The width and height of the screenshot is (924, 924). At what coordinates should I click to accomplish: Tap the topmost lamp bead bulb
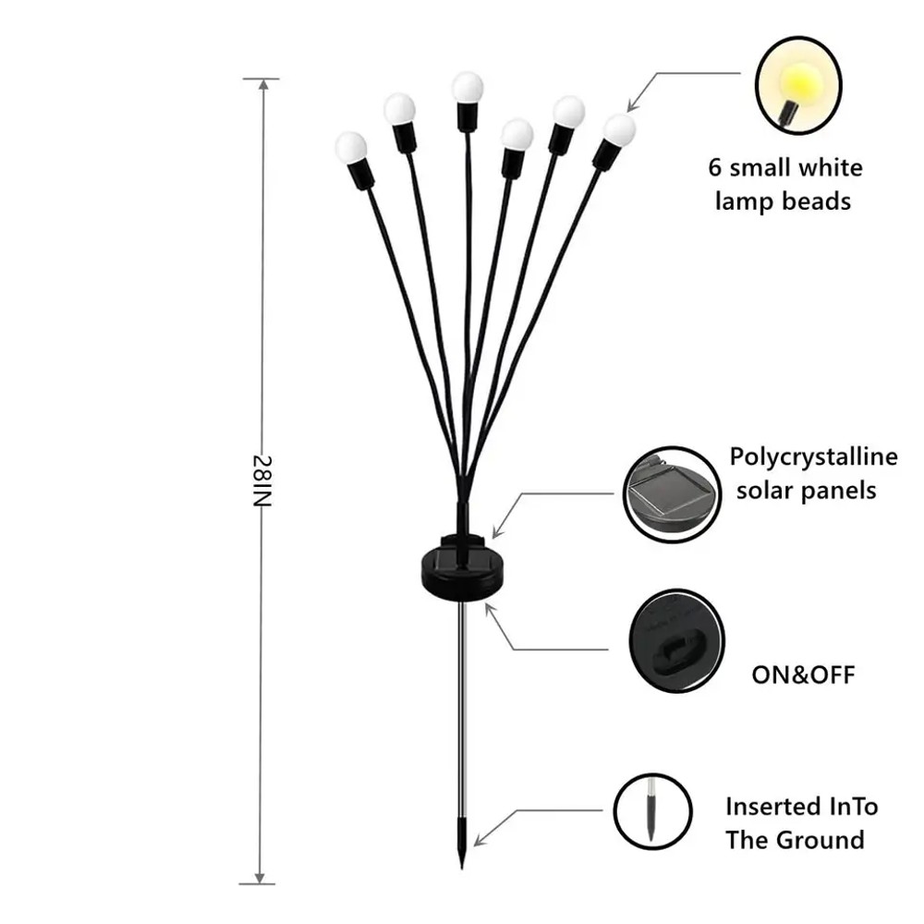468,89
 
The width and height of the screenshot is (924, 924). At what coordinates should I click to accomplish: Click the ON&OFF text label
802,674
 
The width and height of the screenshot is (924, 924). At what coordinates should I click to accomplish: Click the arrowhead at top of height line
263,83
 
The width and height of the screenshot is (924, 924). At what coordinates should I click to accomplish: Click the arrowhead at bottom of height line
263,879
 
